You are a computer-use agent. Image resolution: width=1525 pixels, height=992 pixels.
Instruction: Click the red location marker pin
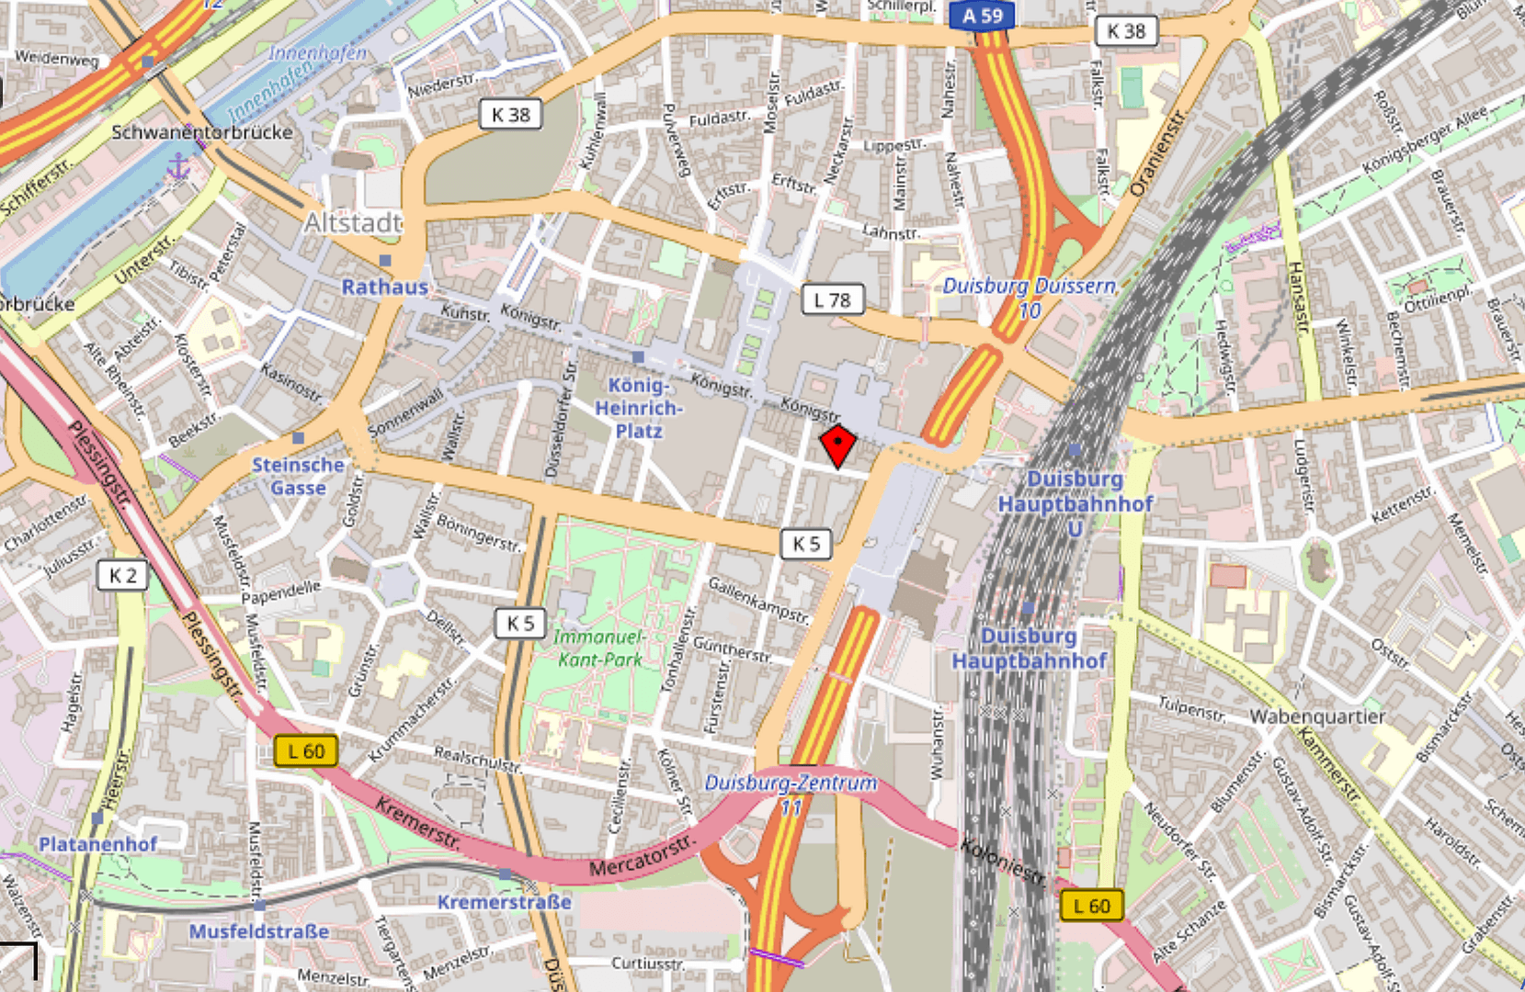click(837, 445)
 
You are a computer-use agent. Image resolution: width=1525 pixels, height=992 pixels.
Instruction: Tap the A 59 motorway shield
click(982, 16)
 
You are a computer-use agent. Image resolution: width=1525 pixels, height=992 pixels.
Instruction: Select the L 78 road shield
click(833, 299)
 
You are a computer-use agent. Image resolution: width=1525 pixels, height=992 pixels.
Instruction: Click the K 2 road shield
click(122, 576)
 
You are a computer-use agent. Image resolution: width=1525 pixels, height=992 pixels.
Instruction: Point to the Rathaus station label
click(384, 287)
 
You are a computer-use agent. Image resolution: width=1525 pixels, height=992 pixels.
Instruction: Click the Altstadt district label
click(353, 222)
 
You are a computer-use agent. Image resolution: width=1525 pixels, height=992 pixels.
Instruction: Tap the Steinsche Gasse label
click(298, 476)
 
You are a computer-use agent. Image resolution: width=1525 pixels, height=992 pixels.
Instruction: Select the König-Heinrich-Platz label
click(638, 408)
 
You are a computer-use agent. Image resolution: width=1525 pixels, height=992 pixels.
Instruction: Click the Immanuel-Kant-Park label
click(599, 648)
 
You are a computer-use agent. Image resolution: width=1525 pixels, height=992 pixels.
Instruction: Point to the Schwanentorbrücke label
click(202, 132)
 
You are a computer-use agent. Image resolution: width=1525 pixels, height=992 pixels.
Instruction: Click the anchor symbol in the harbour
click(178, 167)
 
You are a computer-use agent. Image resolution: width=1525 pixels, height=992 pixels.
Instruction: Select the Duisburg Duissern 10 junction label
click(1030, 298)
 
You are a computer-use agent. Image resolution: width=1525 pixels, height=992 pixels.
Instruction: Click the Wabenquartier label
click(1316, 716)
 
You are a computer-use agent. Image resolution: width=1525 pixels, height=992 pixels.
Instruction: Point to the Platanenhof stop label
click(97, 843)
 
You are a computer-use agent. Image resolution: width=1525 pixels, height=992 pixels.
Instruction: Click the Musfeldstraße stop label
click(258, 931)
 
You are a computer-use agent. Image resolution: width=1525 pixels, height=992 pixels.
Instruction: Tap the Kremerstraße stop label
click(504, 902)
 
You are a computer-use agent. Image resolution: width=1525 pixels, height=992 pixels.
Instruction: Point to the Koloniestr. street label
click(1003, 862)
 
